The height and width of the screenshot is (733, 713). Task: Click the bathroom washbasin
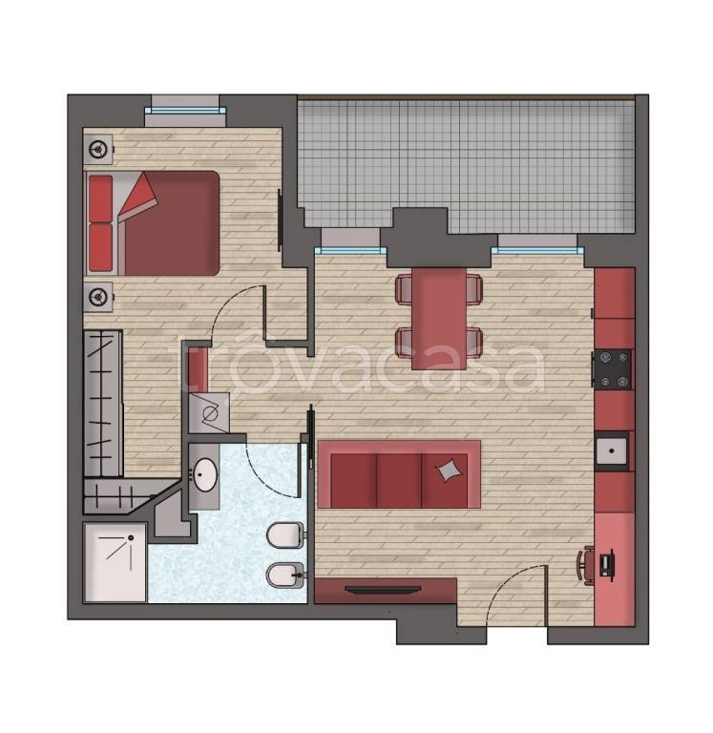pos(205,475)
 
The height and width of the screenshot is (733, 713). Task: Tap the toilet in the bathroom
pos(285,534)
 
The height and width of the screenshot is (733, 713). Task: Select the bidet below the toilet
pos(285,575)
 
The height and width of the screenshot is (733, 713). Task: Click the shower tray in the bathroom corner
pos(115,563)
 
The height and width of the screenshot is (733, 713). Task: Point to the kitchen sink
pos(612,451)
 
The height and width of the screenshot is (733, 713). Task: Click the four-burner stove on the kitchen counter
pos(613,369)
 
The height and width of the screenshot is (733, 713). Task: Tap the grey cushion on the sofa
pos(450,470)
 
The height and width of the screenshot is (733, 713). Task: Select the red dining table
pos(438,318)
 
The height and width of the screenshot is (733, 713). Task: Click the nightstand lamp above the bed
pos(98,150)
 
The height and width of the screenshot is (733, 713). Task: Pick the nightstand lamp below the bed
pos(98,297)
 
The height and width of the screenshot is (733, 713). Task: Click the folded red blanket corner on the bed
pos(139,197)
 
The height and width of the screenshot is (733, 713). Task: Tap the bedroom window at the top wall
pos(185,112)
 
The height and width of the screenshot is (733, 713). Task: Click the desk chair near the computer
pos(586,566)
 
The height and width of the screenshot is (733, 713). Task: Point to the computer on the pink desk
pos(607,565)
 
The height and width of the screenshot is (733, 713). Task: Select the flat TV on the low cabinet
pos(383,590)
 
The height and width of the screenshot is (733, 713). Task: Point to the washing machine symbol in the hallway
pos(209,412)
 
